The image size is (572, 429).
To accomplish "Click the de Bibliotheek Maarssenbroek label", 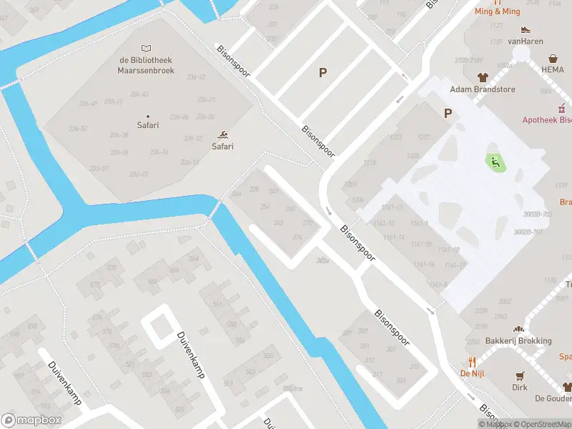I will [x=147, y=66].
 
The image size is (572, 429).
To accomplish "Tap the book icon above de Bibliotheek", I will [x=147, y=49].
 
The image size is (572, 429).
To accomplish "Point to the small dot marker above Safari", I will [x=148, y=116].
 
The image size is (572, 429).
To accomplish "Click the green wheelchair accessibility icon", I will [x=493, y=162].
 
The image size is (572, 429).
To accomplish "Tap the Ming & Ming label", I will [x=497, y=11].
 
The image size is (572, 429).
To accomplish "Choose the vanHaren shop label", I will [x=526, y=41].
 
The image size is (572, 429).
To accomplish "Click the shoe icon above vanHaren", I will [x=526, y=30].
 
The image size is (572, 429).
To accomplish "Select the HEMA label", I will [x=553, y=70].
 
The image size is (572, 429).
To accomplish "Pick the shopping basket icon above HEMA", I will [x=553, y=59].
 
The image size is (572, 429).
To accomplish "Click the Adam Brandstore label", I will [x=483, y=89].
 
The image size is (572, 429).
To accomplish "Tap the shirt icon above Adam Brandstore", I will [x=483, y=77].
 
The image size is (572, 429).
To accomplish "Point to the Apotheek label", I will [x=547, y=121].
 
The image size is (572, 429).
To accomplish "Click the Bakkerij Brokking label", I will [x=518, y=341].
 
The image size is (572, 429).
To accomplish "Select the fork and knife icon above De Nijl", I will [x=472, y=361].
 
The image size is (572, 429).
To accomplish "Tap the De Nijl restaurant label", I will [x=472, y=373].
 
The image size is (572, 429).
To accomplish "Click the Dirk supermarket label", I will [x=520, y=388].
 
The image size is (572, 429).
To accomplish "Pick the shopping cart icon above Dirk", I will [x=520, y=375].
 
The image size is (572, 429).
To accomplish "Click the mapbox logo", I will [x=30, y=420].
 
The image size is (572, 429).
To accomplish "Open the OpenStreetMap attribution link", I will [x=541, y=424].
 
